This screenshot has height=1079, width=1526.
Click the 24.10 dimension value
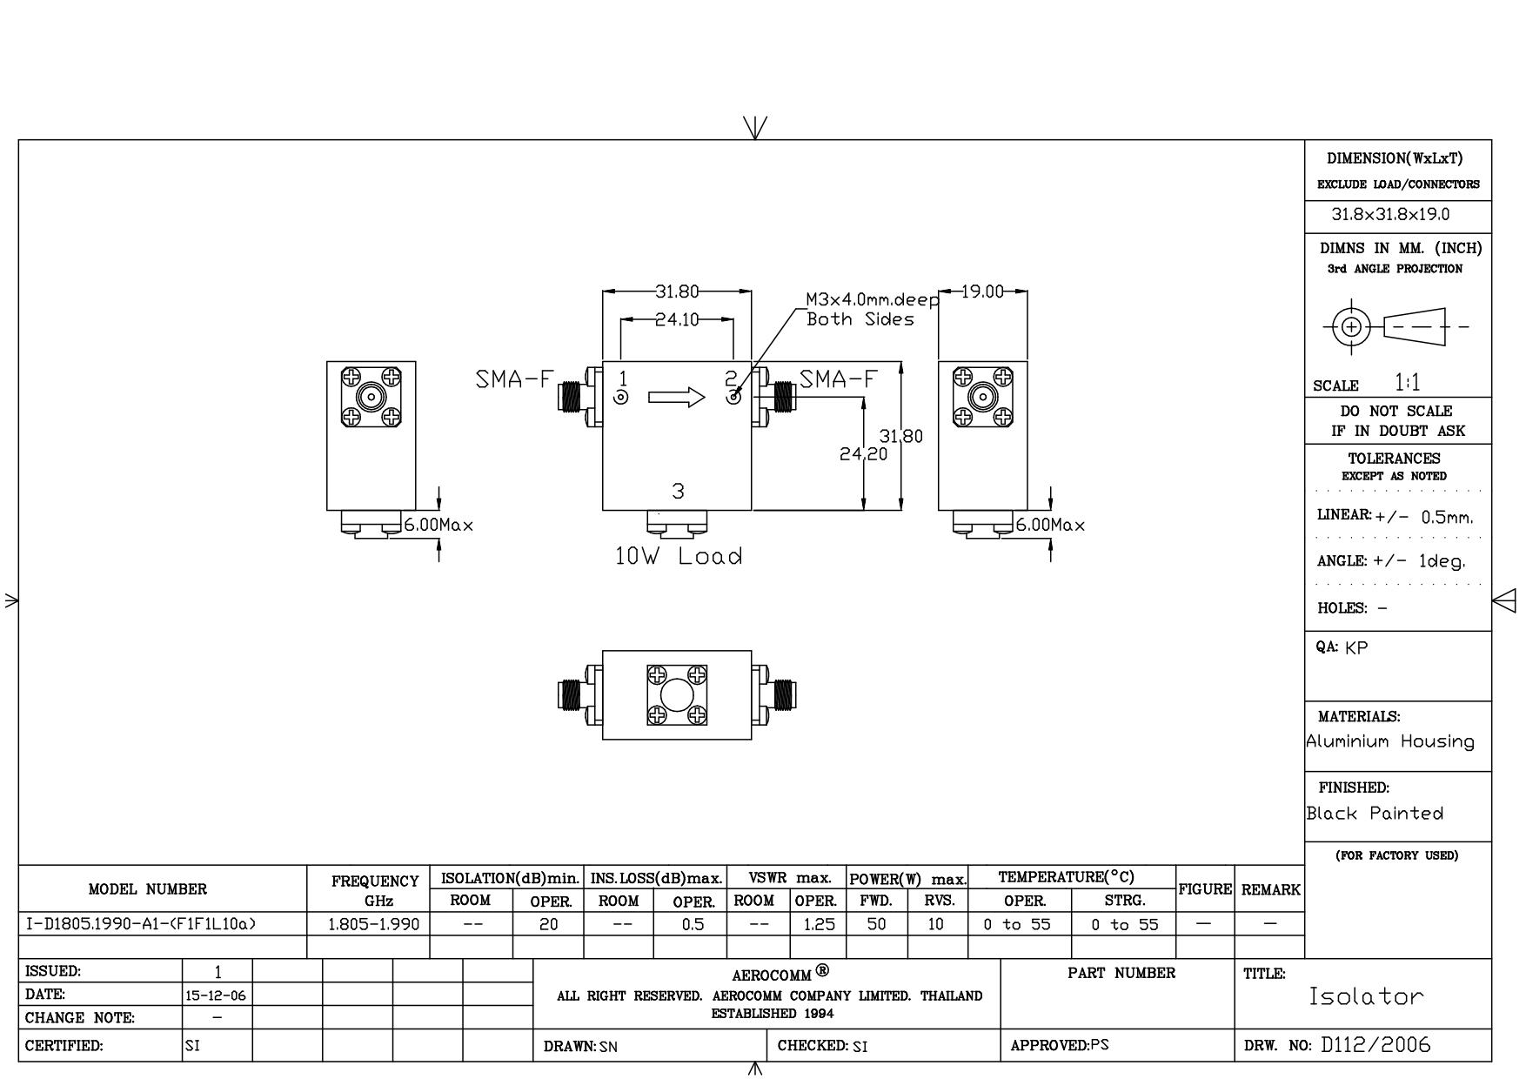[x=677, y=319]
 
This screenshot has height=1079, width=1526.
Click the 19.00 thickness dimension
[x=983, y=292]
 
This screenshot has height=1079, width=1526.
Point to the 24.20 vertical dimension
[x=863, y=453]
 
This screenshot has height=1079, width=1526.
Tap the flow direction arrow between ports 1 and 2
[x=676, y=398]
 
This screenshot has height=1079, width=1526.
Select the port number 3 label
[x=678, y=492]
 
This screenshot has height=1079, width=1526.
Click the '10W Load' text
[x=679, y=556]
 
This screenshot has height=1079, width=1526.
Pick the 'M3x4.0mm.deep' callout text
[x=873, y=299]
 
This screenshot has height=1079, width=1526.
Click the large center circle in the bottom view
[x=676, y=695]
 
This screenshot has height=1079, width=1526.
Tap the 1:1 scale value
[x=1407, y=382]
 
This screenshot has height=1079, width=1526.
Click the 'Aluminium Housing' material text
[x=1390, y=741]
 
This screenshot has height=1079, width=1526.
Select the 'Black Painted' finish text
[x=1375, y=813]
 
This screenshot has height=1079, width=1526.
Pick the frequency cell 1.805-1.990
[x=373, y=924]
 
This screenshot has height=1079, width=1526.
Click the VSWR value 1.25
[x=819, y=924]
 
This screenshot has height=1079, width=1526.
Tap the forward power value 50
[x=876, y=924]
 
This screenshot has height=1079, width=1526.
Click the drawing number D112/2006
[x=1375, y=1045]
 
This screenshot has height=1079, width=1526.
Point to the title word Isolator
[x=1366, y=996]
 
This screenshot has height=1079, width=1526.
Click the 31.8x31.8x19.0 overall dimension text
[x=1390, y=214]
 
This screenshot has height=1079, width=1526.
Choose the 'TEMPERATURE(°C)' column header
[x=1067, y=877]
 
